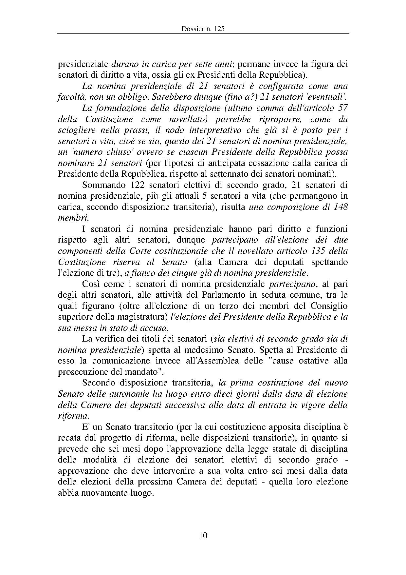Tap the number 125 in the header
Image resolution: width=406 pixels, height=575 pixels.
pos(219,29)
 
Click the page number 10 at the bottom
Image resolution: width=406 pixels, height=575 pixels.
pos(203,535)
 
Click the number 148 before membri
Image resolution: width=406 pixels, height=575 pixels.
pos(340,207)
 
